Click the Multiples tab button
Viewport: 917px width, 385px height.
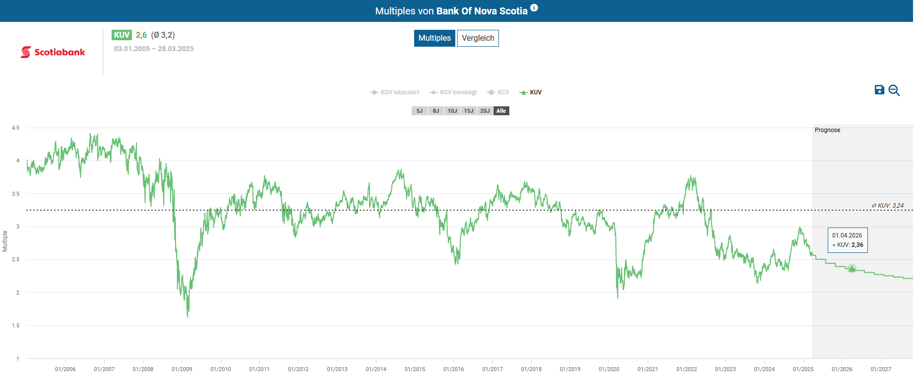(434, 38)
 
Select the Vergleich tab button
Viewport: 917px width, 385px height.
(478, 38)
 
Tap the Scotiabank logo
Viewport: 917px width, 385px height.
(53, 52)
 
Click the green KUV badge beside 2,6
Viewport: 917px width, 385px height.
(122, 35)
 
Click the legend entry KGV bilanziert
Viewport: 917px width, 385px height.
(395, 92)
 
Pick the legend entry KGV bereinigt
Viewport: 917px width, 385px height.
(454, 92)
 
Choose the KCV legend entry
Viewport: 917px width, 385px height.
(499, 92)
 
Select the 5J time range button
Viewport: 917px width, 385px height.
(420, 111)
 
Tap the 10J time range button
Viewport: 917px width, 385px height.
(452, 111)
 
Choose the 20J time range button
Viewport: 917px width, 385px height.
(485, 111)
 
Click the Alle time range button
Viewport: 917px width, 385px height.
(501, 111)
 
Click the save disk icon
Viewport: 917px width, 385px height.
(879, 90)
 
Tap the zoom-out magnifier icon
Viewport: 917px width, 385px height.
(894, 90)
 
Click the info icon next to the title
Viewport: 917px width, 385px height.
(534, 7)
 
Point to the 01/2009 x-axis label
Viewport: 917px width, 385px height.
(182, 369)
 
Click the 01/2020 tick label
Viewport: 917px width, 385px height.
(609, 369)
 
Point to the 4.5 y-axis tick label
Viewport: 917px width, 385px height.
(16, 128)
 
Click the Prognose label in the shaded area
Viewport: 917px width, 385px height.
(827, 130)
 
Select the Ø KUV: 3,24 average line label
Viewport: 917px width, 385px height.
(888, 205)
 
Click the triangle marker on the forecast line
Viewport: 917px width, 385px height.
(852, 269)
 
